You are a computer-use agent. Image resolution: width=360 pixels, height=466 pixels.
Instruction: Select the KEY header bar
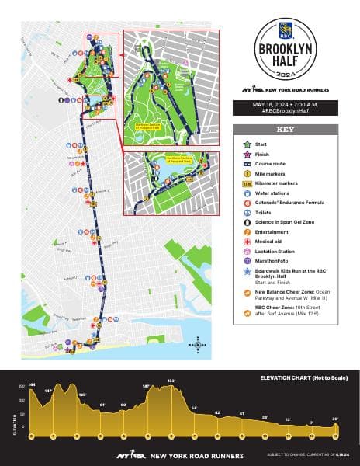click(286, 130)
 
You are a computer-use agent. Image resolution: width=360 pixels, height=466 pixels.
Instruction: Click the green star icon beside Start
click(246, 144)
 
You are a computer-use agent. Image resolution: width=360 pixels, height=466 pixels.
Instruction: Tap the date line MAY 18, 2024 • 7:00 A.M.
click(286, 104)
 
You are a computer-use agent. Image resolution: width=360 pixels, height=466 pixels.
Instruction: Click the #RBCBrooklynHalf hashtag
click(286, 112)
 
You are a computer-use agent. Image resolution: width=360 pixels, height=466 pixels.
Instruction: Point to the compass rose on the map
click(199, 344)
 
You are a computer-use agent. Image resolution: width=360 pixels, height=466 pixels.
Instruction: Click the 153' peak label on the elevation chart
click(171, 381)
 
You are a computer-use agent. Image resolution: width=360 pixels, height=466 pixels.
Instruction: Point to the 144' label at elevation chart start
click(33, 384)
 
